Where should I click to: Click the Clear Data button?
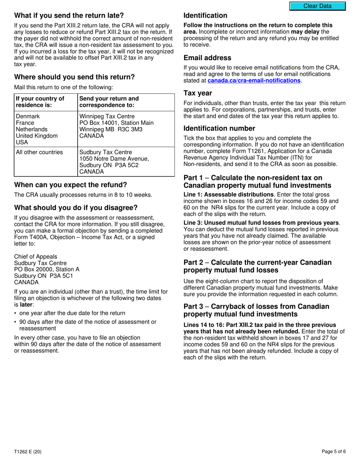pyautogui.click(x=317, y=6)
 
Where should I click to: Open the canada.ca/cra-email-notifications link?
pyautogui.click(x=254, y=81)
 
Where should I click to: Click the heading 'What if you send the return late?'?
pyautogui.click(x=69, y=16)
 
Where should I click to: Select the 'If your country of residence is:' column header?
pyautogui.click(x=40, y=102)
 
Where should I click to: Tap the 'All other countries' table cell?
pyautogui.click(x=39, y=152)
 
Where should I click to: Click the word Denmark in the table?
pyautogui.click(x=28, y=116)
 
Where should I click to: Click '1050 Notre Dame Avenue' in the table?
pyautogui.click(x=114, y=159)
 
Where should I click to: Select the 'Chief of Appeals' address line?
pyautogui.click(x=36, y=257)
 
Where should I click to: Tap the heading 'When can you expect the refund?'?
pyautogui.click(x=70, y=185)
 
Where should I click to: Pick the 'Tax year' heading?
pyautogui.click(x=198, y=93)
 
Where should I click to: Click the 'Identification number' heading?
pyautogui.click(x=219, y=128)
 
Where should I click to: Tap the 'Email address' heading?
pyautogui.click(x=207, y=58)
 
